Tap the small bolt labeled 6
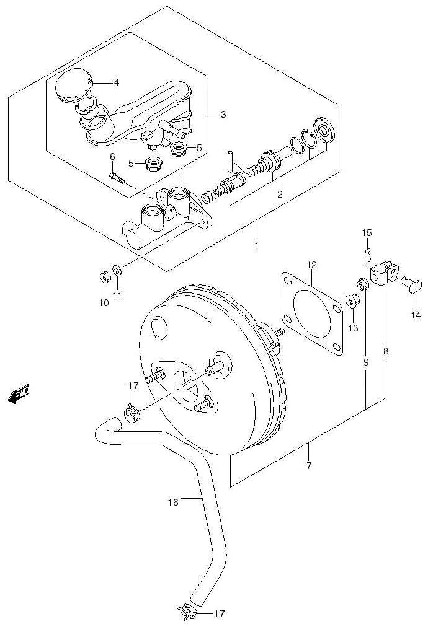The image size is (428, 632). tap(116, 178)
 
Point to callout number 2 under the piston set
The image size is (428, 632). tap(279, 195)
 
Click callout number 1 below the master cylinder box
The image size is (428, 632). tap(257, 245)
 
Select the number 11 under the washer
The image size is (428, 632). tap(117, 294)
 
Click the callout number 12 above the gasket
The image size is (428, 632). tap(311, 265)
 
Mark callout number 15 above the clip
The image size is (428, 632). tap(367, 233)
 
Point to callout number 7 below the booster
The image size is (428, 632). tap(308, 465)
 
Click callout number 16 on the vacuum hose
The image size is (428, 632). tap(173, 502)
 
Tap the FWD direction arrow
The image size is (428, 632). tap(19, 394)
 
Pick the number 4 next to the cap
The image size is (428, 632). tap(116, 82)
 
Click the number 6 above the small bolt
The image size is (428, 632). tap(112, 157)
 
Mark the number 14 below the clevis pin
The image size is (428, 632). tap(415, 315)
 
